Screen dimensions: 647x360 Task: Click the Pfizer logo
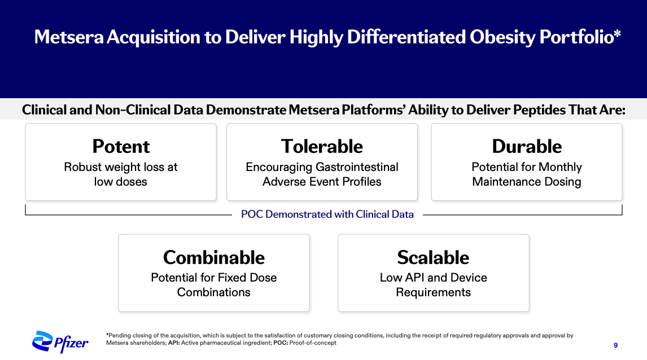click(x=60, y=342)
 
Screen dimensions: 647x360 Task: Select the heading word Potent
click(x=121, y=146)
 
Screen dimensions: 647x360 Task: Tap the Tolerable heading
click(x=322, y=146)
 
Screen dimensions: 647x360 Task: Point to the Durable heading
click(x=527, y=146)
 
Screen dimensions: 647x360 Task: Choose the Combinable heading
click(x=214, y=257)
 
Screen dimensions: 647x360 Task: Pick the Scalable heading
click(x=433, y=257)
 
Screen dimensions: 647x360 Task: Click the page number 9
click(x=615, y=345)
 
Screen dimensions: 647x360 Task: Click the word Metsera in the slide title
click(x=69, y=37)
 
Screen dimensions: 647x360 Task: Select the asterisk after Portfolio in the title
click(x=617, y=33)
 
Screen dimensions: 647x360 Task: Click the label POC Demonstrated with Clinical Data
click(x=327, y=214)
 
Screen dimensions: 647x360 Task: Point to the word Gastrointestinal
click(x=357, y=167)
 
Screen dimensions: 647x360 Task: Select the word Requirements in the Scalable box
click(x=433, y=292)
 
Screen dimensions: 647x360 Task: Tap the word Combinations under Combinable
click(x=214, y=292)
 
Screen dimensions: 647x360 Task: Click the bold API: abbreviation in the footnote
click(x=174, y=343)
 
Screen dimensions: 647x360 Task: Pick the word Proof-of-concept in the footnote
click(x=313, y=343)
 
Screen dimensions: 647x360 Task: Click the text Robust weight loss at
click(x=120, y=167)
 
